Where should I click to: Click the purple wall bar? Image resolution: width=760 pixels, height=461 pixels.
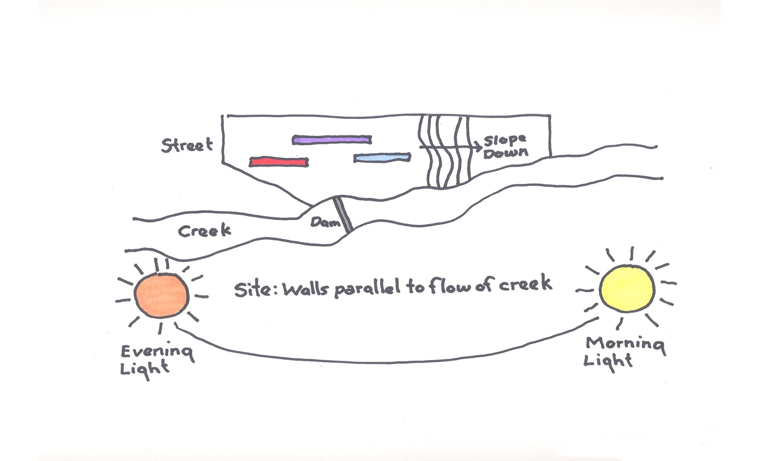[332, 140]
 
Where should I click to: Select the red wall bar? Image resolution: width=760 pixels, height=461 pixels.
[279, 162]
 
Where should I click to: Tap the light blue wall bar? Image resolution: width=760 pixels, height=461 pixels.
[382, 158]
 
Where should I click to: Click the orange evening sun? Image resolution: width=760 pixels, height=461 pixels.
[161, 295]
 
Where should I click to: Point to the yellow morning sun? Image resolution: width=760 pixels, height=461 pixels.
[627, 288]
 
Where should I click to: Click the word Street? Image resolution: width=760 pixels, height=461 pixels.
[187, 145]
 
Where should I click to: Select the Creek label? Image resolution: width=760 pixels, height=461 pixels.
[204, 231]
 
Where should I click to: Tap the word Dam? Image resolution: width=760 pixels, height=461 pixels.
[325, 222]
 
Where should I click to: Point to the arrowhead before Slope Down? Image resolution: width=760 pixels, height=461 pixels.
[479, 147]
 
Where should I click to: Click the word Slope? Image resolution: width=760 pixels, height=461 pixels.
[505, 140]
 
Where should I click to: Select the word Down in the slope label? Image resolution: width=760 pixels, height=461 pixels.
[506, 153]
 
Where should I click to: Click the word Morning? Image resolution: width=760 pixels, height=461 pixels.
[625, 344]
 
